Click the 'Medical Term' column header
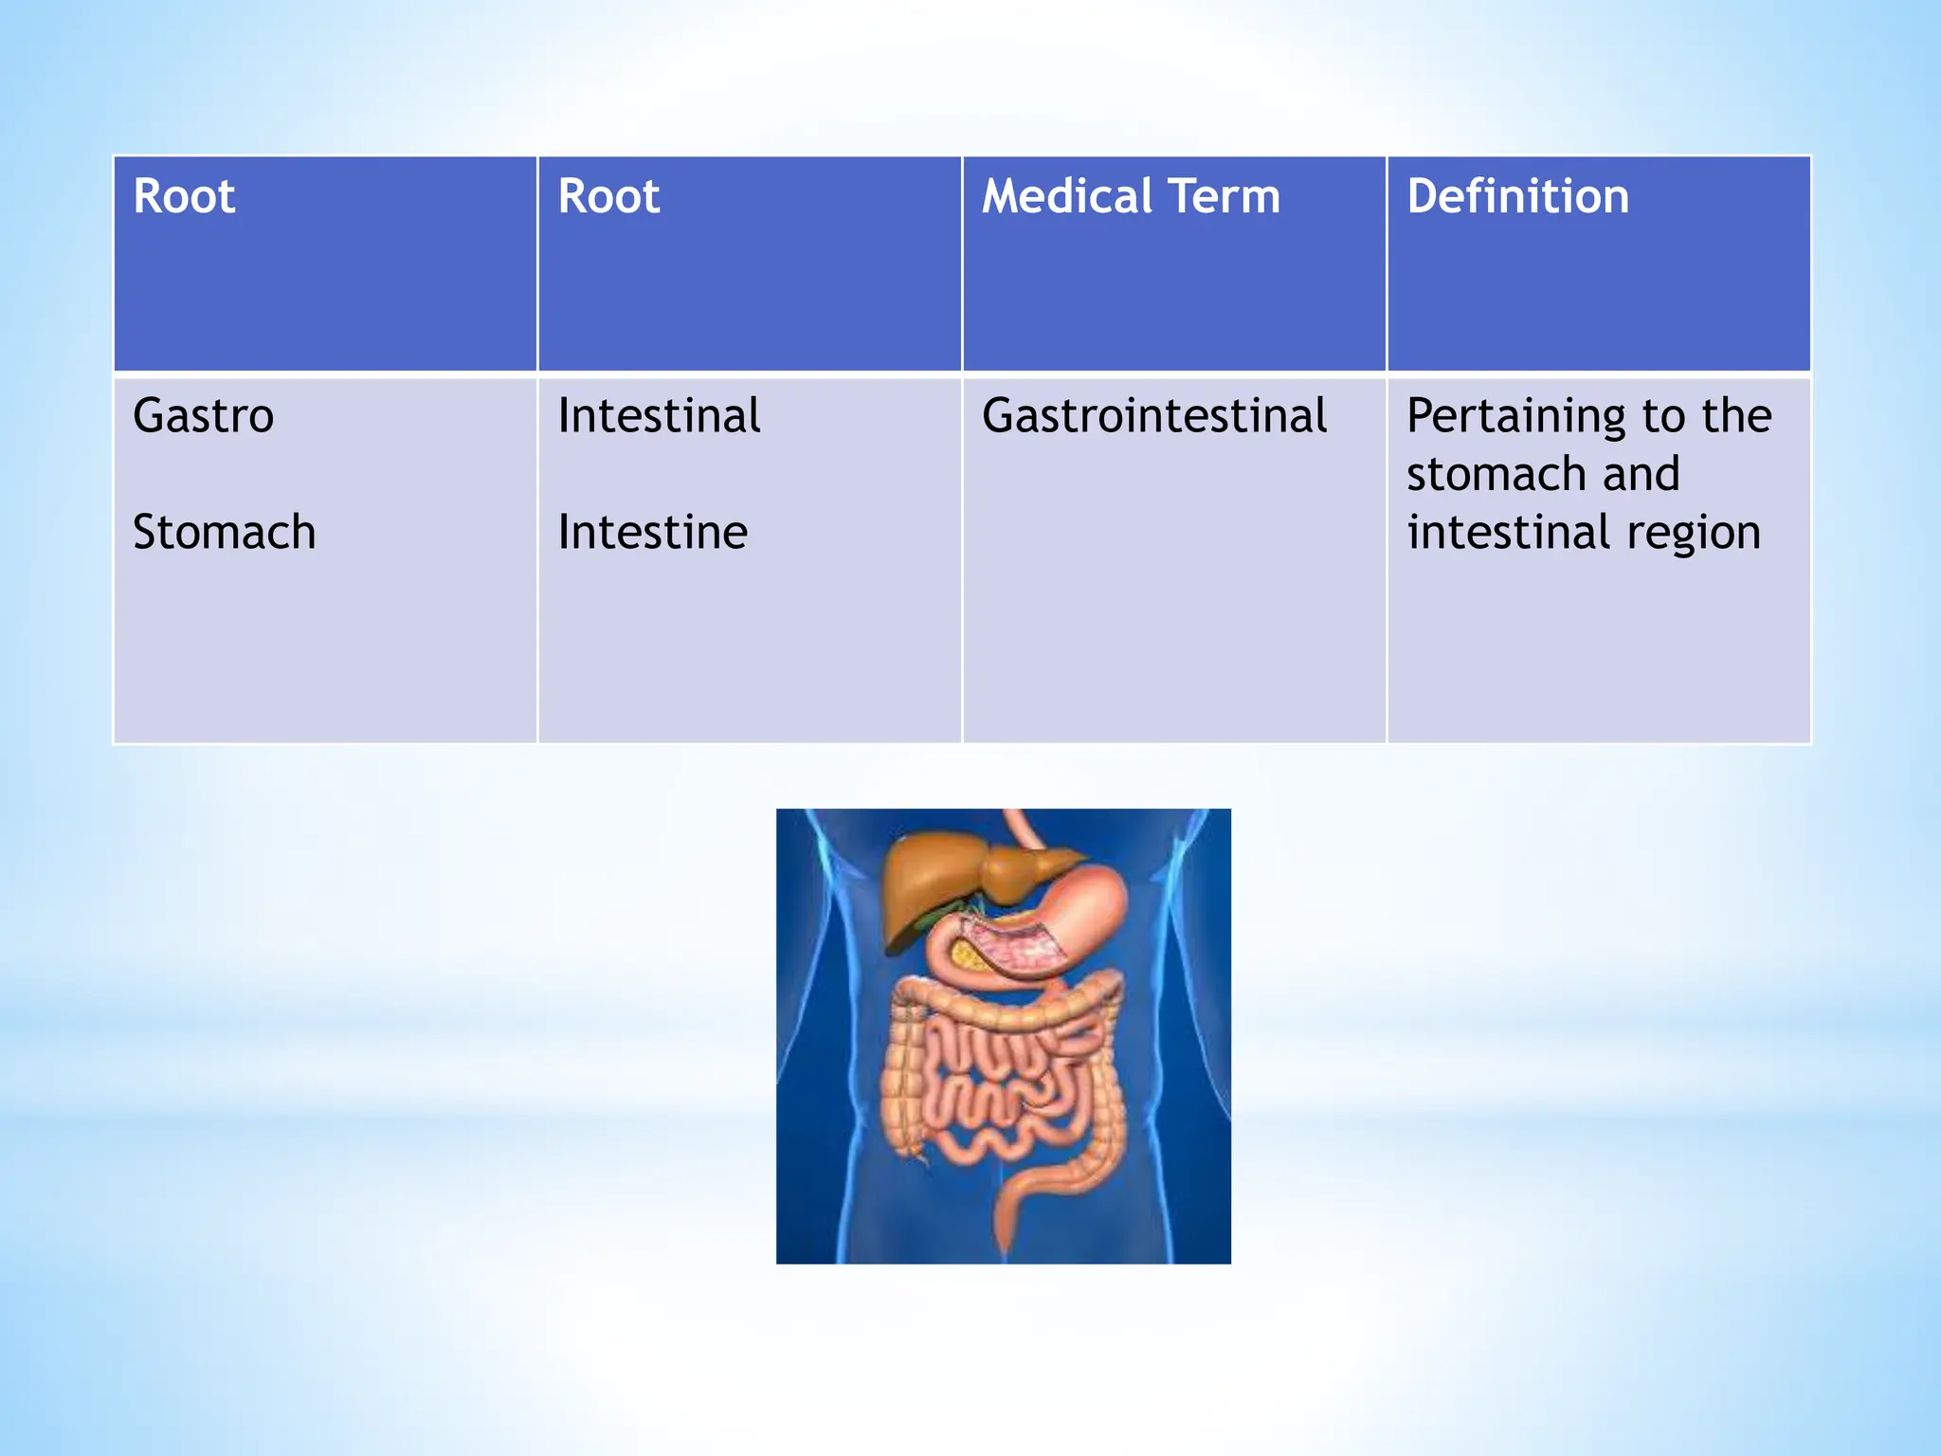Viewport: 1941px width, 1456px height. (1131, 197)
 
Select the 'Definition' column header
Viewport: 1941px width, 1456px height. (1517, 197)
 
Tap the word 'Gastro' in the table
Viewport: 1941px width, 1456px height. (204, 416)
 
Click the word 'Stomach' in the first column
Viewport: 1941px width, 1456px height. (224, 532)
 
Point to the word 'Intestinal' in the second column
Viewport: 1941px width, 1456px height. (659, 416)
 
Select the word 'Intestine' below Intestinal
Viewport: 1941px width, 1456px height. (652, 532)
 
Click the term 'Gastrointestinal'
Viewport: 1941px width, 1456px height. (1154, 416)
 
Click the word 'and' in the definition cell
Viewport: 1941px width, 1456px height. (1641, 474)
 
